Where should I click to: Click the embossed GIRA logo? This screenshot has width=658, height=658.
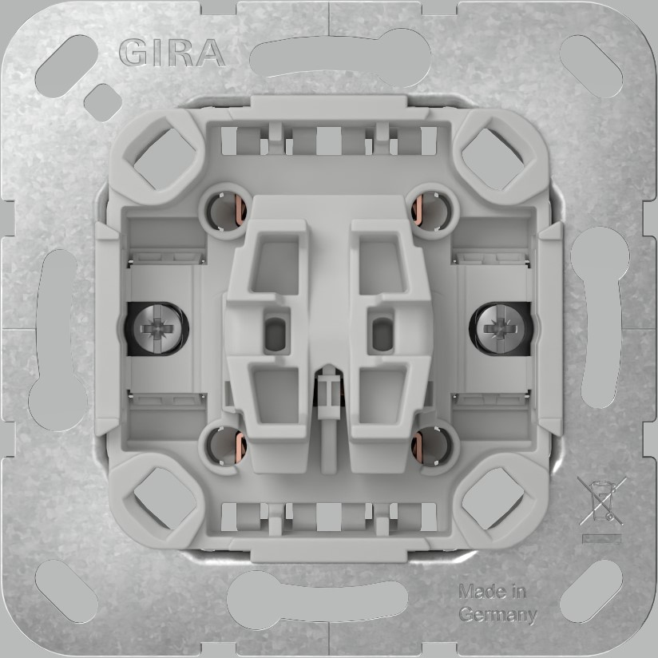(x=171, y=53)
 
